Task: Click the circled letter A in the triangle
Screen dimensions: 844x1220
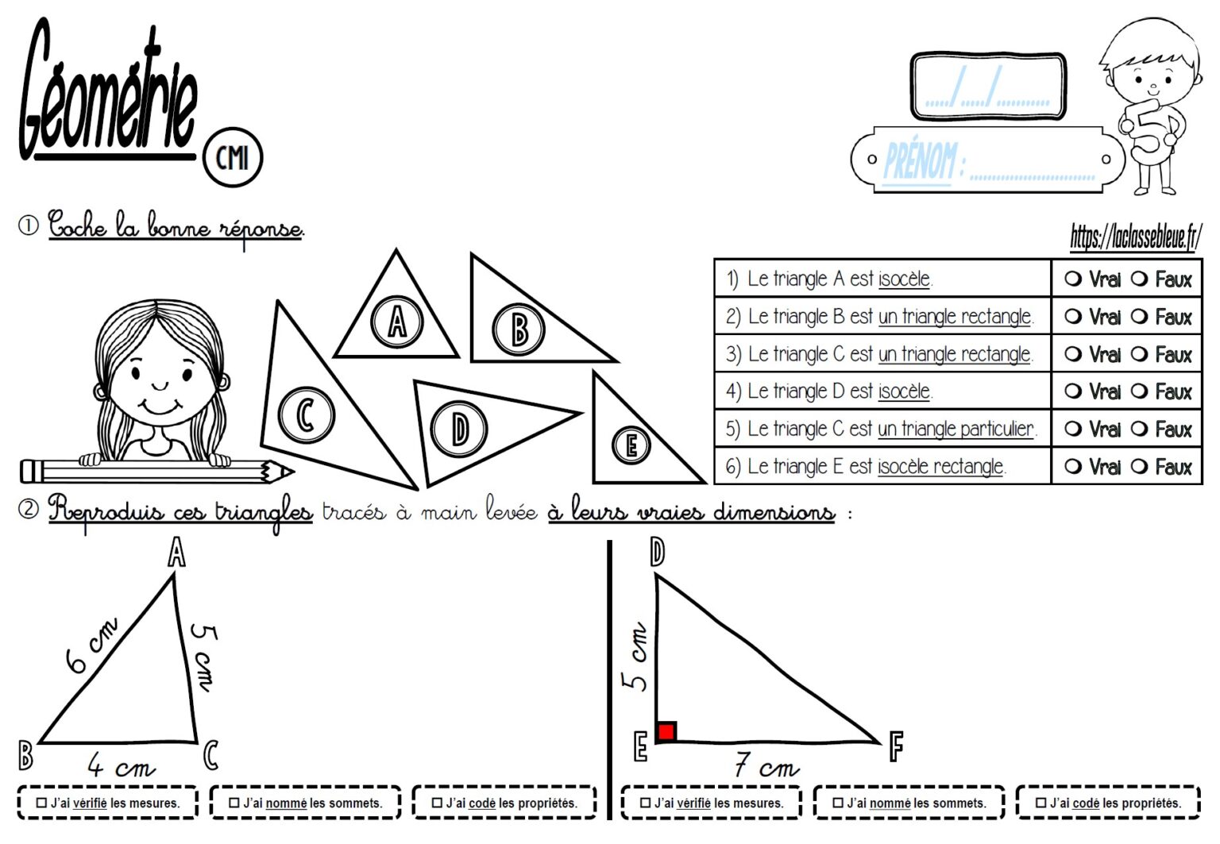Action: [396, 322]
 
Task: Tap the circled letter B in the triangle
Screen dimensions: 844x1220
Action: [519, 330]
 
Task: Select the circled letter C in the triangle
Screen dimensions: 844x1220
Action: [306, 414]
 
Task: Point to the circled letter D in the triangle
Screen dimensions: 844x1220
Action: [459, 430]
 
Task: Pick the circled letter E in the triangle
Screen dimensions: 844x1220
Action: [631, 445]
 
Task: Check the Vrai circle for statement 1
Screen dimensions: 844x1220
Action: [1073, 279]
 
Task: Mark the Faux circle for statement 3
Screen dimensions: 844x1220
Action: [1140, 354]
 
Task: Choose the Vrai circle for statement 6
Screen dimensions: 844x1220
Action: [1073, 467]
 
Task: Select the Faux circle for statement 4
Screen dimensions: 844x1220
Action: [1140, 391]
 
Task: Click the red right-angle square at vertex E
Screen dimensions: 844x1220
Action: [666, 731]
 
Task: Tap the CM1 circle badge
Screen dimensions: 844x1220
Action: [232, 157]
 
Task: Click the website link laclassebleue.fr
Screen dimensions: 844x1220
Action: [1135, 237]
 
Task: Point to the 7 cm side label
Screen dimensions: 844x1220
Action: [766, 767]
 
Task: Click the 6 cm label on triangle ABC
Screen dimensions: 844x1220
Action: [92, 644]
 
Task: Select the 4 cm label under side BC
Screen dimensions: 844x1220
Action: [121, 766]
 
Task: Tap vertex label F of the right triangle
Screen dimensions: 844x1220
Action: [896, 747]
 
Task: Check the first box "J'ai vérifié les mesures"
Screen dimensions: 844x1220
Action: [42, 803]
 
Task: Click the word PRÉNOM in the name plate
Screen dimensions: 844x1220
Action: [920, 161]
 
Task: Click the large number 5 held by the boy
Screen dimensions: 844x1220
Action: [1149, 130]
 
